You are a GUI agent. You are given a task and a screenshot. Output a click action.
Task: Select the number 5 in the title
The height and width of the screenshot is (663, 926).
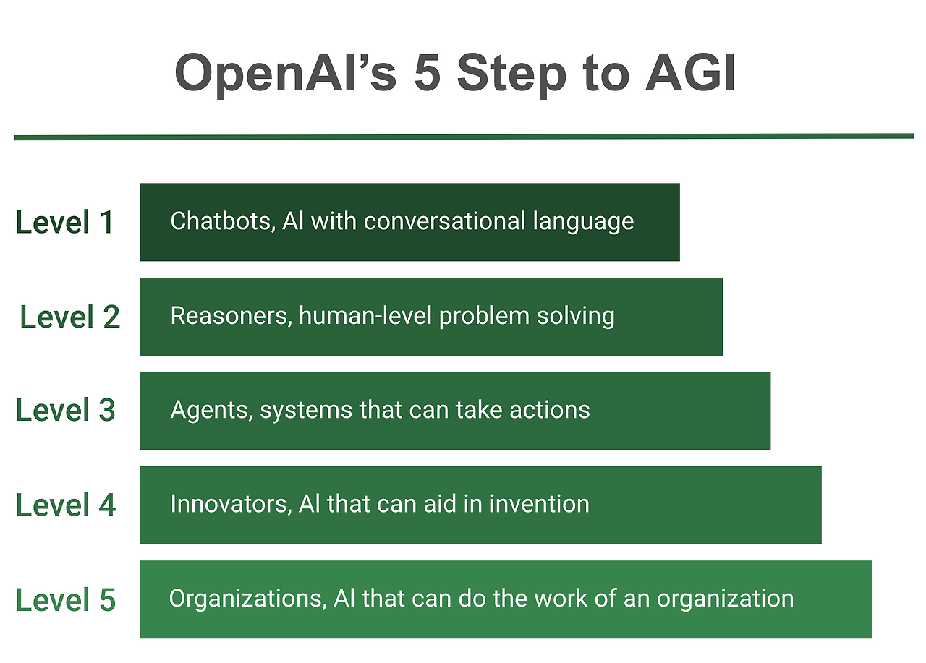(427, 74)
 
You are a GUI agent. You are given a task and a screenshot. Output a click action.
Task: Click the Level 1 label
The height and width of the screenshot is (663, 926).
(65, 222)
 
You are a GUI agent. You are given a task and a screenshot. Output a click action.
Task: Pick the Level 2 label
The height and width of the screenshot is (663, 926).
(69, 317)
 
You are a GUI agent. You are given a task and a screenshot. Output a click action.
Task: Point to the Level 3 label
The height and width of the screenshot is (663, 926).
(66, 410)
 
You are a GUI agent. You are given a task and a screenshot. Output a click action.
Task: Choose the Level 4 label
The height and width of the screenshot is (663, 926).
(66, 505)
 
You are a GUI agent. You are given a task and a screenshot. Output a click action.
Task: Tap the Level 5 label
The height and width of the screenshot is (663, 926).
(66, 600)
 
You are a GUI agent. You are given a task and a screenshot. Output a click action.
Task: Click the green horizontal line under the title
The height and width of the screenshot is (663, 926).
(463, 136)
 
